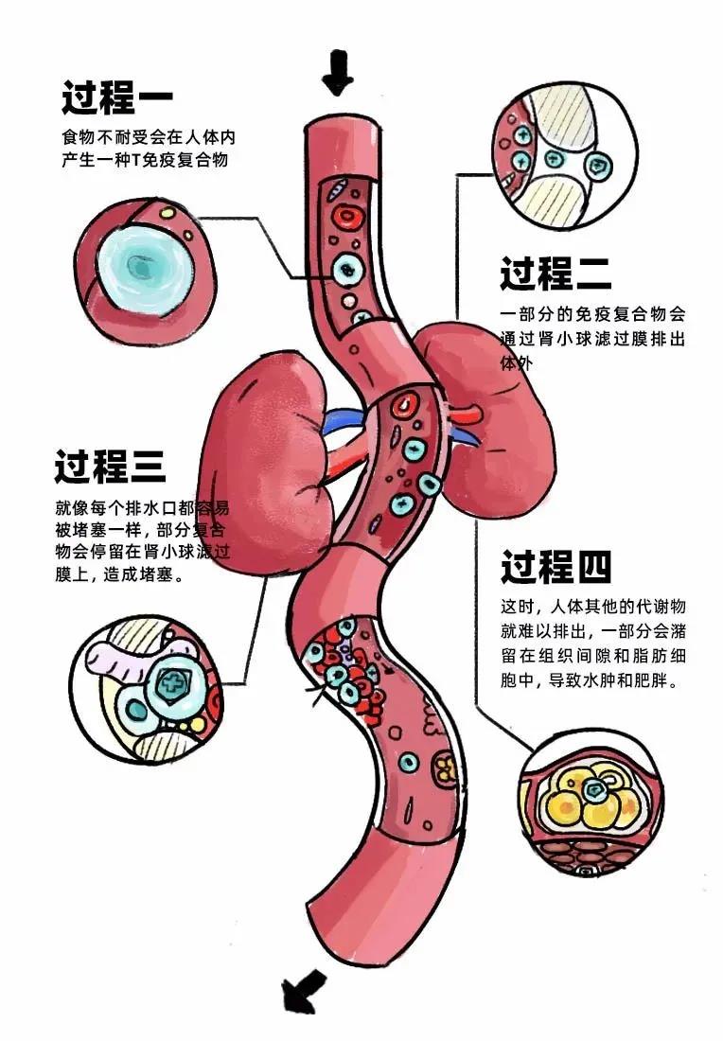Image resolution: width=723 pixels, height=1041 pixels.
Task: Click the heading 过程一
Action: [x=117, y=96]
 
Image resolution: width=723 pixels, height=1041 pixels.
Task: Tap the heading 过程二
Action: [x=555, y=274]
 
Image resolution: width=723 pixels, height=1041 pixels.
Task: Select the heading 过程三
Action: [x=110, y=467]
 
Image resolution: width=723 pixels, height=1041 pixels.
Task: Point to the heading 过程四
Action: [x=555, y=567]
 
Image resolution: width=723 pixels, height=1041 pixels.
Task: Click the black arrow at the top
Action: [x=336, y=72]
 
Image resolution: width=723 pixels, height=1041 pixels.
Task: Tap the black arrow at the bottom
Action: [x=302, y=992]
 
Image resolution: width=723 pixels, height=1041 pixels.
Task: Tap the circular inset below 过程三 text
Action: [x=148, y=687]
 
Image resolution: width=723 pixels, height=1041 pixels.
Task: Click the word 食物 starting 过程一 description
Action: [x=73, y=138]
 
